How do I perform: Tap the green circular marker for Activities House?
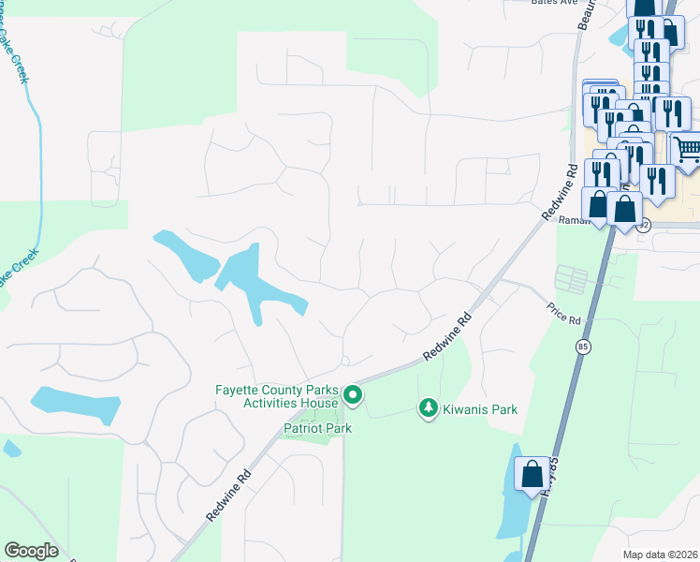353,397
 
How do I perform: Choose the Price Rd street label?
563,313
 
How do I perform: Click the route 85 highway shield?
583,348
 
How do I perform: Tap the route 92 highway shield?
643,225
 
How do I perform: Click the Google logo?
31,551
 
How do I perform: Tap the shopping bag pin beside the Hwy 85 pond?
532,476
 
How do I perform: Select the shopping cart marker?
687,150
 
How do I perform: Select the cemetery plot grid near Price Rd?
572,278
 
